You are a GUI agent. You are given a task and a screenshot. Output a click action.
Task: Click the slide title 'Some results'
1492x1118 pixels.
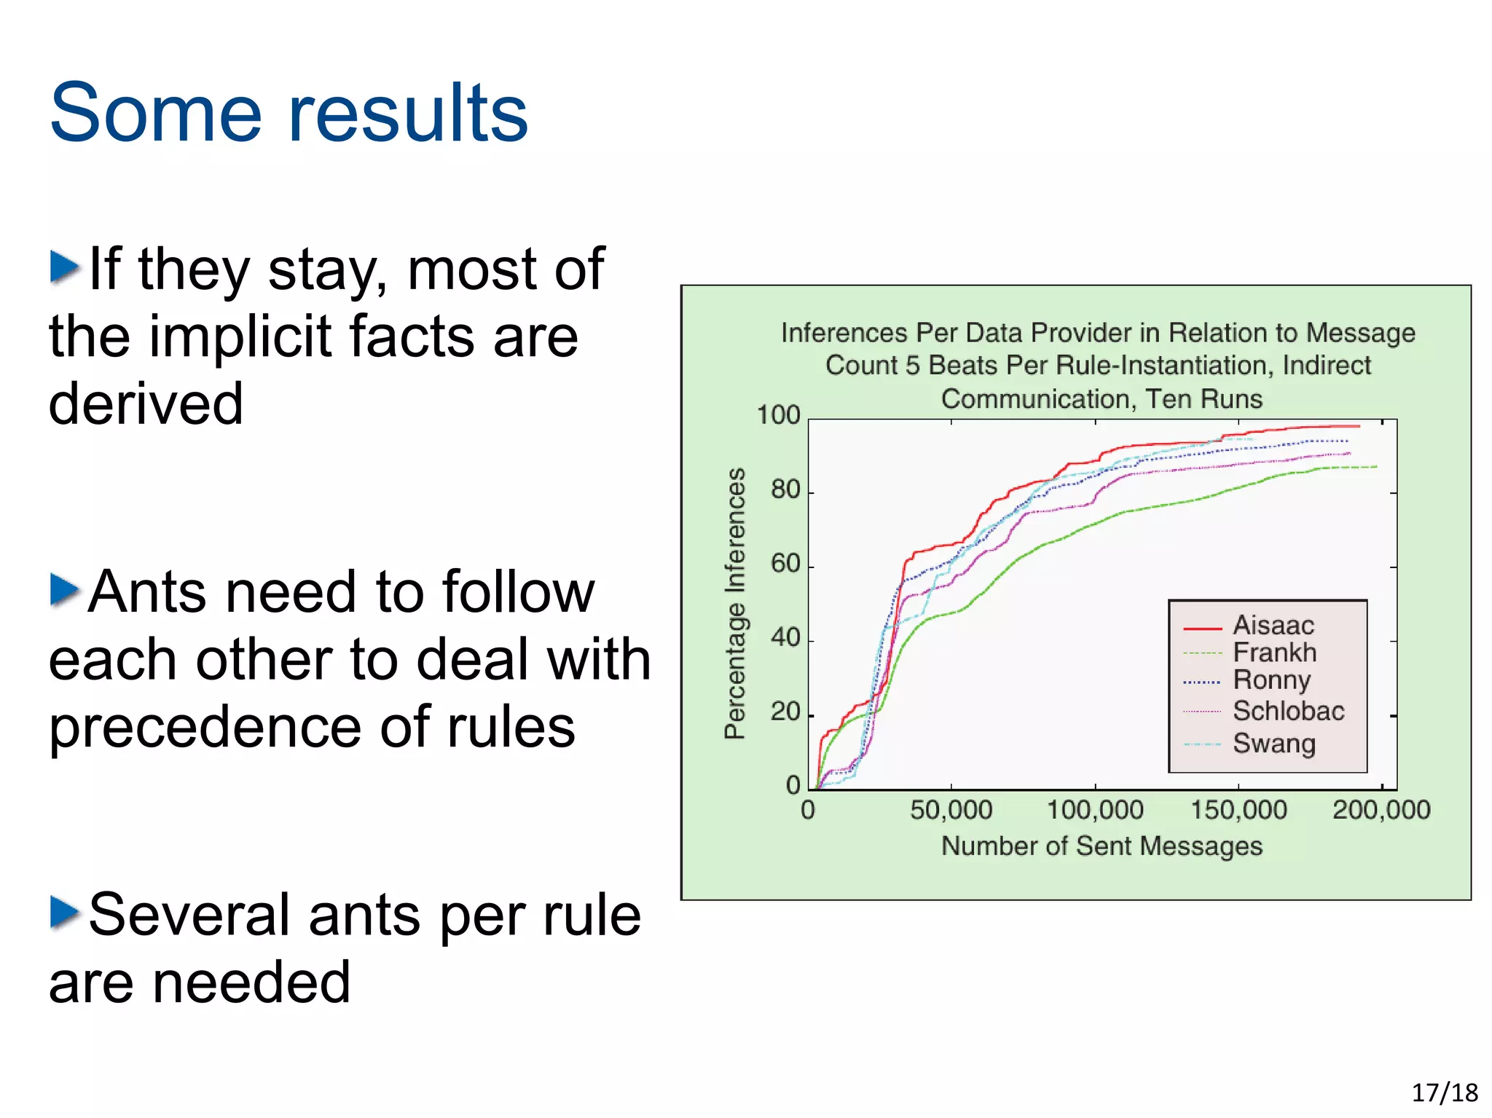tap(288, 113)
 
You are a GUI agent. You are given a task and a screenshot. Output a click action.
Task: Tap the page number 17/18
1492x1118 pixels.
tap(1444, 1093)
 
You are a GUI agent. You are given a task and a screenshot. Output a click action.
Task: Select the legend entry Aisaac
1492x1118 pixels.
tap(1273, 625)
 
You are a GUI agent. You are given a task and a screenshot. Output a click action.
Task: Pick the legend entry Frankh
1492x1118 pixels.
tap(1274, 652)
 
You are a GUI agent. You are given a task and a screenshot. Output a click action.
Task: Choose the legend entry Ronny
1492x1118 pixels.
tap(1271, 680)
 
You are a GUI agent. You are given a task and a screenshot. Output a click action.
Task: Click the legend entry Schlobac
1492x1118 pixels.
tap(1288, 710)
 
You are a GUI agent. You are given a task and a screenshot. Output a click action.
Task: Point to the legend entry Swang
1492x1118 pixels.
tap(1273, 743)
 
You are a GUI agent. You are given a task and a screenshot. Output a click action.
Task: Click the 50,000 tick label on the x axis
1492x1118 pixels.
tap(951, 810)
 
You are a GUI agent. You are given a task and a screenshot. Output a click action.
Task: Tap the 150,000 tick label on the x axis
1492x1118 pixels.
tap(1238, 810)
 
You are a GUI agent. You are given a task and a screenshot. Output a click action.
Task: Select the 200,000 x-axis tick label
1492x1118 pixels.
tap(1381, 810)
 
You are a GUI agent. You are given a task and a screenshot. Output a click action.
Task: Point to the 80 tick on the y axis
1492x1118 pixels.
tap(785, 489)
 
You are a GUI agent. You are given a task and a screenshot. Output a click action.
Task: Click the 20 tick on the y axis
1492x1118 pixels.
tap(785, 712)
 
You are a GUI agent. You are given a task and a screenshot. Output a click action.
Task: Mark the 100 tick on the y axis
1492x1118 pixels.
tap(778, 415)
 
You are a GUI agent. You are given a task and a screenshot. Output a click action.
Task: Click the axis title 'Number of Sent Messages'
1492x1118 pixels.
tap(1101, 846)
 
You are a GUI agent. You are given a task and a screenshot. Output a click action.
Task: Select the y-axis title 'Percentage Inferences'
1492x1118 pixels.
tap(735, 603)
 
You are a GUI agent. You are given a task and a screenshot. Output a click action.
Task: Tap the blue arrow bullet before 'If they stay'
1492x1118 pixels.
tap(64, 267)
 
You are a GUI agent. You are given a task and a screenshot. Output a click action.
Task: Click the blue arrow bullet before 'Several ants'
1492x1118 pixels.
tap(64, 913)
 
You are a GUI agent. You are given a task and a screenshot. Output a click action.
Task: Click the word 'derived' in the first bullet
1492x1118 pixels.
tap(146, 403)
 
